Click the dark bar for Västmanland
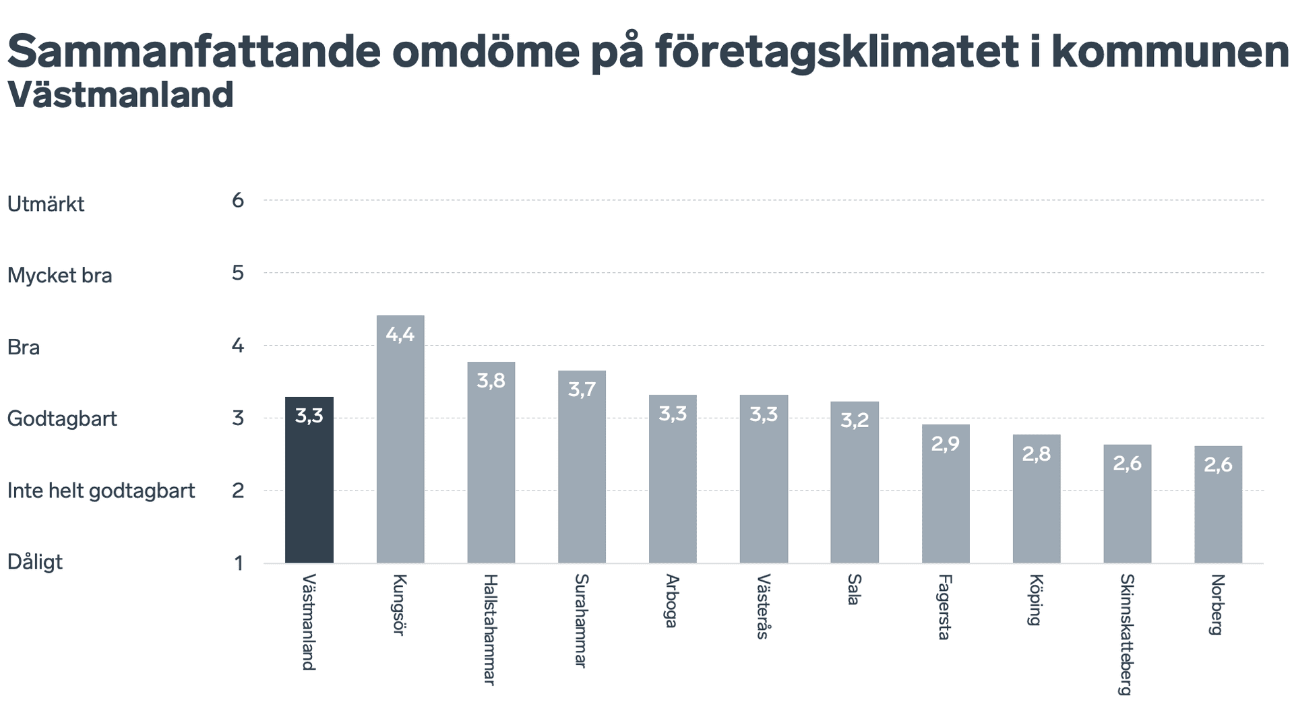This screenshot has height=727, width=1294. tap(309, 480)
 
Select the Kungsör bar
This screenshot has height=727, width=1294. tap(400, 439)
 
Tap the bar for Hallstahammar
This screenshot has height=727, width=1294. tap(491, 462)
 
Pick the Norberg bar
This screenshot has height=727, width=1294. tap(1218, 504)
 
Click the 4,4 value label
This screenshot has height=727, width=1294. tap(400, 334)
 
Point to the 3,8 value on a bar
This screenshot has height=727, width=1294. tap(491, 381)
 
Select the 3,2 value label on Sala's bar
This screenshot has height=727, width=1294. tap(854, 420)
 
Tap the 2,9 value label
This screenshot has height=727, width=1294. tap(945, 443)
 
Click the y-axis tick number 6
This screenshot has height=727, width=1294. tap(238, 200)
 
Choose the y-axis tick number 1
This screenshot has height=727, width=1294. tap(239, 563)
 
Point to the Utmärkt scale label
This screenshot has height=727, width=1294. tap(46, 203)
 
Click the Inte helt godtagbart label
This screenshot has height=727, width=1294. tap(101, 491)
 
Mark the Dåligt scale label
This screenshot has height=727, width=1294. tap(35, 561)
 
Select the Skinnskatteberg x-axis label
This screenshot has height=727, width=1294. tap(1126, 634)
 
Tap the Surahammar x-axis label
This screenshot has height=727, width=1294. tap(581, 621)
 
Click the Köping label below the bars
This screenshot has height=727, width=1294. tap(1036, 600)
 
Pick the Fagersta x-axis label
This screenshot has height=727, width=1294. tap(945, 606)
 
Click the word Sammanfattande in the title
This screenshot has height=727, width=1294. tap(194, 51)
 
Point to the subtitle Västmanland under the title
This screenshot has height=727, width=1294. tap(121, 95)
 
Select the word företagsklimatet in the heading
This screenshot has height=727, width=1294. tap(837, 51)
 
